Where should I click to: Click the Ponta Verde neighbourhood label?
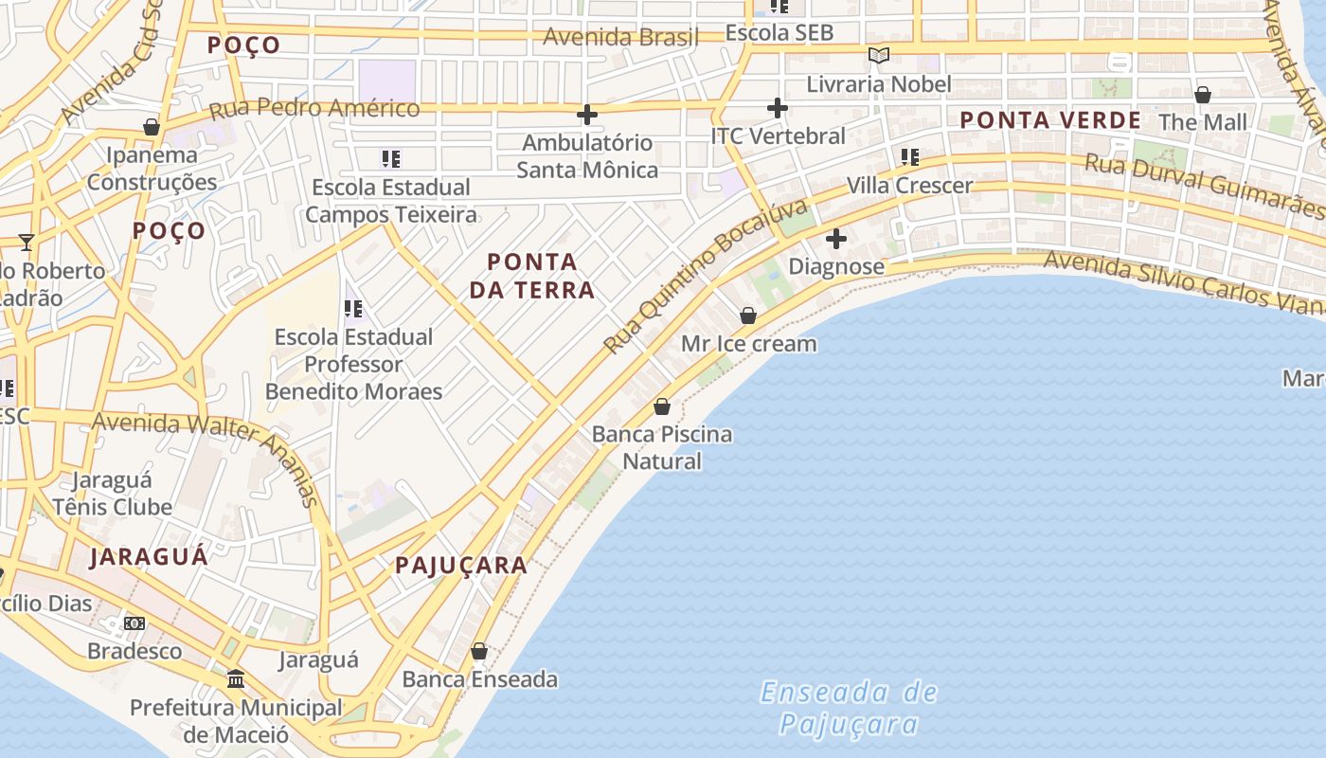[x=1050, y=120]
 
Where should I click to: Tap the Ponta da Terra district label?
[x=531, y=276]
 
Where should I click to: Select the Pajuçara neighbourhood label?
[x=461, y=566]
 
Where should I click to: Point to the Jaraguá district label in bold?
[x=149, y=556]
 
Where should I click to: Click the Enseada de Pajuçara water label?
[x=849, y=708]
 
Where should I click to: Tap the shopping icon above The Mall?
[x=1203, y=95]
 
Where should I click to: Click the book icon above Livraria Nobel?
[x=879, y=55]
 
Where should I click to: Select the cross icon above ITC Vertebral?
[x=778, y=108]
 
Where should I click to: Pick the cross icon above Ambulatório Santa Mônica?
[x=587, y=115]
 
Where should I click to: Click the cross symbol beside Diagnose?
[x=836, y=239]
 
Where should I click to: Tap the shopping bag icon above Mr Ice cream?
[x=748, y=316]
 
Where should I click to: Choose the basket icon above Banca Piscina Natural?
[x=662, y=406]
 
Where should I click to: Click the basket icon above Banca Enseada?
[x=479, y=651]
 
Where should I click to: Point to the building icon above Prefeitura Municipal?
[x=236, y=679]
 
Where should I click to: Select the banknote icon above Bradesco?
[x=134, y=623]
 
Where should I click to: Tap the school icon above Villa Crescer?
[x=910, y=156]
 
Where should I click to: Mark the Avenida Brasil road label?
[x=620, y=38]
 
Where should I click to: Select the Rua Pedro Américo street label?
[x=314, y=108]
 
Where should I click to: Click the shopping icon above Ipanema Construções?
[x=151, y=127]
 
